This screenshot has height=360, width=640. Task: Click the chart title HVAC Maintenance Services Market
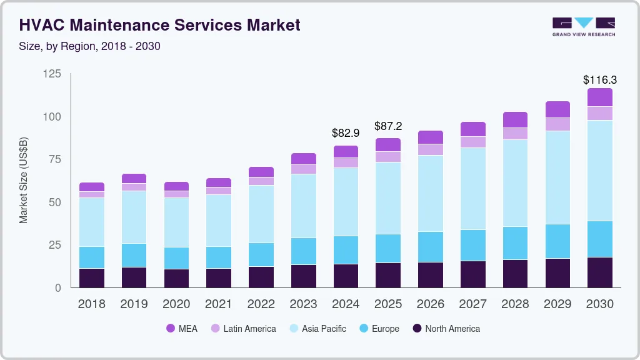click(x=159, y=25)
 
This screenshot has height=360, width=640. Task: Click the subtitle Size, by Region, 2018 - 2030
click(x=90, y=46)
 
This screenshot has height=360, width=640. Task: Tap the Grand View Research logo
click(x=583, y=26)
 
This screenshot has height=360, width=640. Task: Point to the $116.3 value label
click(x=599, y=80)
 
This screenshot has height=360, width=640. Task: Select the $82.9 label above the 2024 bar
click(x=346, y=133)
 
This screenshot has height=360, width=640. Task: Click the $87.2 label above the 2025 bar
click(x=388, y=126)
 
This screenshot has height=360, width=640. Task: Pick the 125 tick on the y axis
click(x=52, y=74)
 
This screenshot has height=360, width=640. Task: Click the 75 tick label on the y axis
click(x=54, y=159)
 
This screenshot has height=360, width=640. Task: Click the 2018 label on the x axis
click(x=91, y=304)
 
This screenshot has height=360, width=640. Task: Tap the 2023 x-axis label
click(x=303, y=304)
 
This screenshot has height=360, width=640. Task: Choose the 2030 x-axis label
click(x=599, y=304)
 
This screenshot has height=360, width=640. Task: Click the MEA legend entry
click(x=182, y=329)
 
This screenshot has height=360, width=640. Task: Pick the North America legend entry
click(x=446, y=329)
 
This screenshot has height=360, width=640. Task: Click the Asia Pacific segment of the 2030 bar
click(x=600, y=170)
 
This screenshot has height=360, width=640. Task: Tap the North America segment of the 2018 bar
click(x=92, y=278)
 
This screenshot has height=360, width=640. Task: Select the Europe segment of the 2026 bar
click(x=431, y=247)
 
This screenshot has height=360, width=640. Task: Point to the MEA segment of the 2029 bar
click(x=557, y=109)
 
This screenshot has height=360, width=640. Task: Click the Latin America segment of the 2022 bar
click(x=261, y=181)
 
